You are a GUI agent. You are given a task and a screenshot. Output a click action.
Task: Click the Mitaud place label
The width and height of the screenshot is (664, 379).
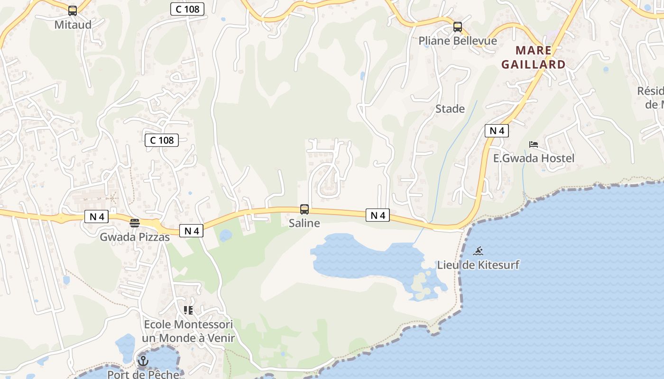tap(73, 25)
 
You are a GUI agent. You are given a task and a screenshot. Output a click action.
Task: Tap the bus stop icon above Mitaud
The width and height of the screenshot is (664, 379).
tap(73, 10)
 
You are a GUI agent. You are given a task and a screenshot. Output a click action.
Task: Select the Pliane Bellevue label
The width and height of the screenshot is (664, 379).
tap(457, 41)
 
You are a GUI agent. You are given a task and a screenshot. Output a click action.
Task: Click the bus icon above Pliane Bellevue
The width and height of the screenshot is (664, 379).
tap(457, 27)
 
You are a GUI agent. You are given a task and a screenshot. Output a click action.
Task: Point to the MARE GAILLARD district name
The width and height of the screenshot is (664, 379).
tap(534, 57)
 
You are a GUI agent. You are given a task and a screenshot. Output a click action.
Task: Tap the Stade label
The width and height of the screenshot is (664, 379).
tap(450, 109)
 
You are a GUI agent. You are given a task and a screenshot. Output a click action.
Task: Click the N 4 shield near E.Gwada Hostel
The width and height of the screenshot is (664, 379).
tap(497, 131)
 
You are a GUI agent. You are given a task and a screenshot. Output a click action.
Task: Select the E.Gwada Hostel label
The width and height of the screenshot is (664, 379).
tap(534, 158)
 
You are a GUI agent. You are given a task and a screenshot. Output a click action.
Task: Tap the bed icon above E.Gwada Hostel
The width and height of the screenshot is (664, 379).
tap(534, 144)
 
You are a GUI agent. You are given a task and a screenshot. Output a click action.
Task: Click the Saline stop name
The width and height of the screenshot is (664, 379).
tap(304, 223)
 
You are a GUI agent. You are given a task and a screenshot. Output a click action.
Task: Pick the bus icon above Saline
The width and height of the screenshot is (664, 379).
tap(304, 209)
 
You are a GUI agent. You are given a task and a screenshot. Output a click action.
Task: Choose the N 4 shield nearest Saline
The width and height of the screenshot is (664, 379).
tap(378, 216)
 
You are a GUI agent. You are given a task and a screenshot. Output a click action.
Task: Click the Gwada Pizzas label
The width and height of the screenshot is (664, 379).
tap(135, 237)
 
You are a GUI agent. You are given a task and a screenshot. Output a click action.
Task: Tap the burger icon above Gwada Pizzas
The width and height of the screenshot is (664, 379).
tap(135, 223)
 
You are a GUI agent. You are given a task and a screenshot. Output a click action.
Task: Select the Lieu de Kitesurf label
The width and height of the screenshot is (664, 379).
tap(478, 265)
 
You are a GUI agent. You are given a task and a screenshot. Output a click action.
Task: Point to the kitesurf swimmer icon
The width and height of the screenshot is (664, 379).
tap(478, 251)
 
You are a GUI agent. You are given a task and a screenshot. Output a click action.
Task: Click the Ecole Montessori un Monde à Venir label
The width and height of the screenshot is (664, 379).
tap(188, 331)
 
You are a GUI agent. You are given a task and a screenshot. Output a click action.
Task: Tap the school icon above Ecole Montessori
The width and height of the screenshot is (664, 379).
tap(188, 310)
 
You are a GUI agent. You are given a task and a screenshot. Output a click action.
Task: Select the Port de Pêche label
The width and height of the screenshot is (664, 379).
tap(143, 374)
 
